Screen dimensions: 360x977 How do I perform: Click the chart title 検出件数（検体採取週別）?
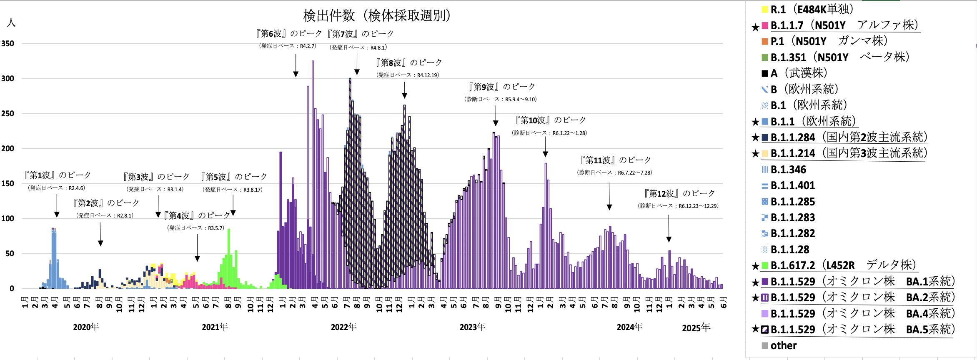(x=377, y=16)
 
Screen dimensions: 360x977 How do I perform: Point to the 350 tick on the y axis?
(x=8, y=43)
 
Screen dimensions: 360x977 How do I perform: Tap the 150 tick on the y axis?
(x=8, y=183)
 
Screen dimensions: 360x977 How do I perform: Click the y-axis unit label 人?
(x=11, y=22)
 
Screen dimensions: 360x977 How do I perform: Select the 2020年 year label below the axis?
(x=86, y=327)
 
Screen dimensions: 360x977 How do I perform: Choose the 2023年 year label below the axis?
(x=472, y=327)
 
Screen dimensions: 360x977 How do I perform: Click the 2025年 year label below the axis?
(x=696, y=327)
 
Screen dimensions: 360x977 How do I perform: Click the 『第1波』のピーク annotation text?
(x=57, y=175)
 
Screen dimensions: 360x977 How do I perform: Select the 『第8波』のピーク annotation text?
(x=408, y=62)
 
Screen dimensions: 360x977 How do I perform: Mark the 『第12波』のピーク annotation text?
(x=679, y=193)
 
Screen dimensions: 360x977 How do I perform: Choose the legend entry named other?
(x=783, y=345)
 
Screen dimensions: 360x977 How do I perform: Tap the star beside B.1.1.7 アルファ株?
(x=755, y=27)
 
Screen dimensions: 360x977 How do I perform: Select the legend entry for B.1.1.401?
(x=792, y=185)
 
